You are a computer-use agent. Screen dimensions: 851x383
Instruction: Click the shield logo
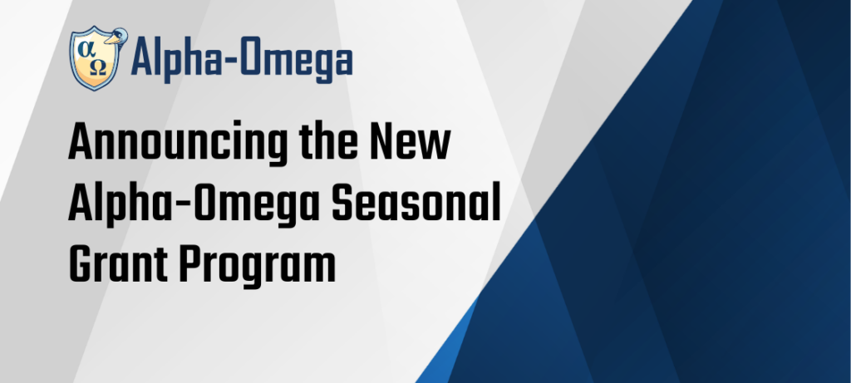(x=94, y=59)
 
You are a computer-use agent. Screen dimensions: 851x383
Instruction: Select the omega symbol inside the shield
(x=98, y=67)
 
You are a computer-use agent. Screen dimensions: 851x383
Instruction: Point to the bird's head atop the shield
(x=116, y=37)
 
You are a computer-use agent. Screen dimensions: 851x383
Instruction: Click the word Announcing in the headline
(x=178, y=144)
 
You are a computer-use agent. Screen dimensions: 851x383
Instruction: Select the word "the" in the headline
(x=328, y=141)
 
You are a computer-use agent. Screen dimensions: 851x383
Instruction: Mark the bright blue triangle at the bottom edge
(x=445, y=352)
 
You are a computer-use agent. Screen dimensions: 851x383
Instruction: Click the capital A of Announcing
(x=81, y=141)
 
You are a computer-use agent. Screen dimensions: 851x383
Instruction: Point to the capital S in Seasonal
(x=343, y=204)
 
